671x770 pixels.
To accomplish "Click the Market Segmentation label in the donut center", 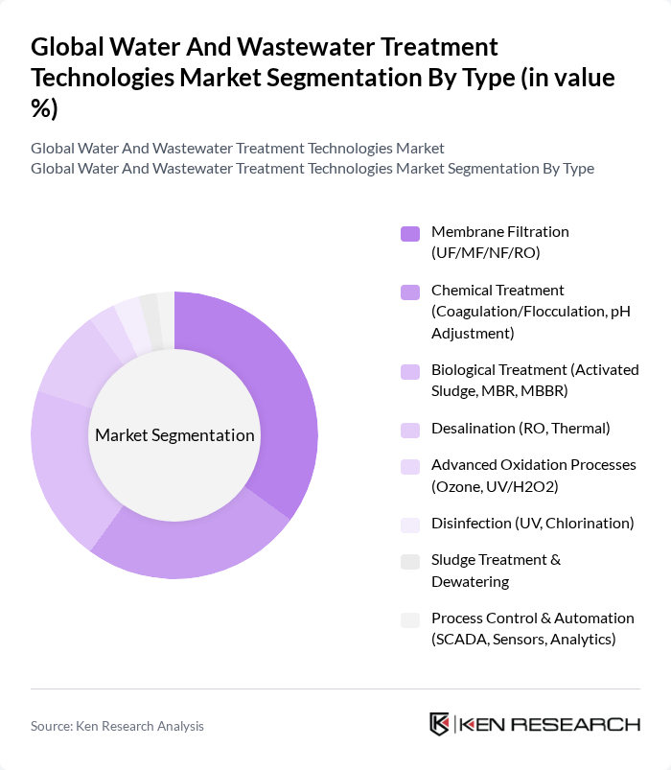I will click(174, 435).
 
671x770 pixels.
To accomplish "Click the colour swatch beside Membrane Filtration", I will click(410, 233).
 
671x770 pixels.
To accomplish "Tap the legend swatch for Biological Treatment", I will click(410, 371).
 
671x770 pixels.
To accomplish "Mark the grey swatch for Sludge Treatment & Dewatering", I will click(410, 561).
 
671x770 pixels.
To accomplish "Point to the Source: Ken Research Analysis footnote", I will click(117, 726).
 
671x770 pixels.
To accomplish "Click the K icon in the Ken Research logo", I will click(439, 724).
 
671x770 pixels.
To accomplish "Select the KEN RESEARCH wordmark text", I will click(551, 724).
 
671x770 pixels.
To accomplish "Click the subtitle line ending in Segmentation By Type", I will click(312, 169).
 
